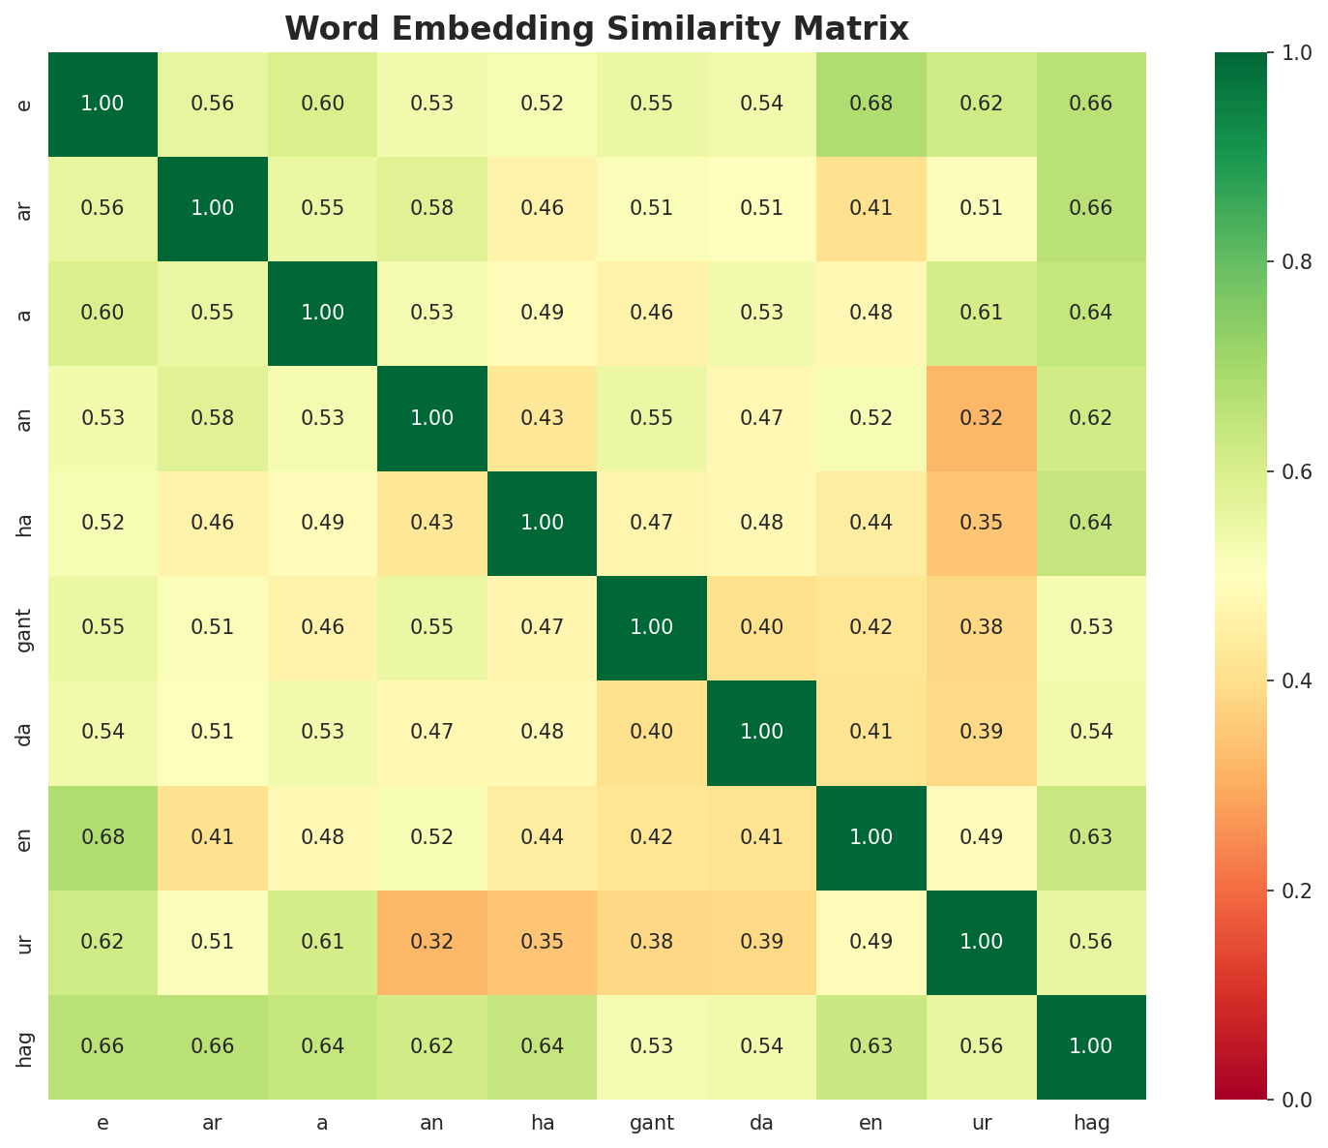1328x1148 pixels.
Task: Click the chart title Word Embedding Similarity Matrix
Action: coord(597,29)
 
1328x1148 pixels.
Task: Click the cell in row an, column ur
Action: coord(982,418)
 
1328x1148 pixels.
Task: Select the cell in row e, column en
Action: coord(871,104)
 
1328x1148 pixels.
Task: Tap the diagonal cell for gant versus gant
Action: coord(652,627)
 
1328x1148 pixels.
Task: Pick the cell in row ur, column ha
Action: coord(542,942)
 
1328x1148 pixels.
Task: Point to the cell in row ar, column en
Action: coord(871,208)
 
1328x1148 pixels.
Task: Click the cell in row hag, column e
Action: coord(103,1046)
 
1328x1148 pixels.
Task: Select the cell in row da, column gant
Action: coord(652,732)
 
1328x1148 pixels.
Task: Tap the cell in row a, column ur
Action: coord(982,313)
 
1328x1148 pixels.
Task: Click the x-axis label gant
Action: coord(652,1123)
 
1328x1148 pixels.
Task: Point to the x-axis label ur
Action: coord(982,1123)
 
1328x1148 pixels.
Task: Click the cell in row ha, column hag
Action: coord(1091,523)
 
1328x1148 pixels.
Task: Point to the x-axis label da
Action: coord(761,1123)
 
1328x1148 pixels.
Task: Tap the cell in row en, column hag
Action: coord(1091,837)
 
